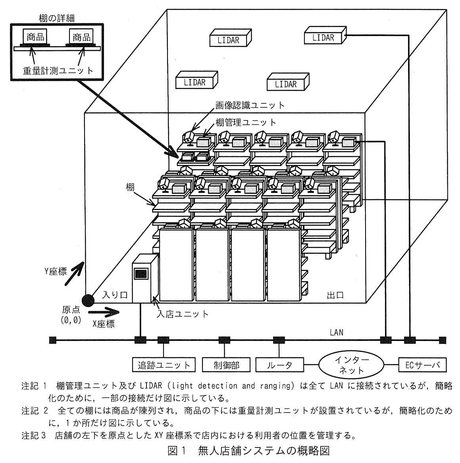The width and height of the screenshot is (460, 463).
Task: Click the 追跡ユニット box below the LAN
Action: (164, 365)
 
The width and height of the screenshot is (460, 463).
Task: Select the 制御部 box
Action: (226, 365)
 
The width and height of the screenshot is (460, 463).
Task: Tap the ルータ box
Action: (279, 365)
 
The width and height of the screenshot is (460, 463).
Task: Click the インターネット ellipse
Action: (351, 365)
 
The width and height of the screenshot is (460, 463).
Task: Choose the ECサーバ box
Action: (422, 365)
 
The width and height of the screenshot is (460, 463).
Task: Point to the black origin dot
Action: (88, 300)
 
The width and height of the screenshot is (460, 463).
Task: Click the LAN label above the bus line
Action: (337, 333)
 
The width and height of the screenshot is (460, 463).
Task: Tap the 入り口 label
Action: (115, 294)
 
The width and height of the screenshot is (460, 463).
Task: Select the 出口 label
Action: (335, 295)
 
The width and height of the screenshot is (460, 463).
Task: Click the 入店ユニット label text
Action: (183, 314)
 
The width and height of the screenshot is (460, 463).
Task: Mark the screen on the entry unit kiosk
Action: (141, 274)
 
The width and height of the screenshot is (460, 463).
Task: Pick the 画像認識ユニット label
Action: (250, 105)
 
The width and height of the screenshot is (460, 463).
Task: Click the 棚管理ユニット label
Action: (246, 122)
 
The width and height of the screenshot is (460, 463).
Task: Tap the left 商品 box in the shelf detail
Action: (35, 37)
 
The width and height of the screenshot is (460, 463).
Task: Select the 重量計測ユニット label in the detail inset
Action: (58, 70)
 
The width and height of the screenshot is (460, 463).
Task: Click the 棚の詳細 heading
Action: (57, 18)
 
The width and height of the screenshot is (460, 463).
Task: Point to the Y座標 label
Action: (56, 271)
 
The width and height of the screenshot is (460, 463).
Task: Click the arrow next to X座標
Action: (104, 312)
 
